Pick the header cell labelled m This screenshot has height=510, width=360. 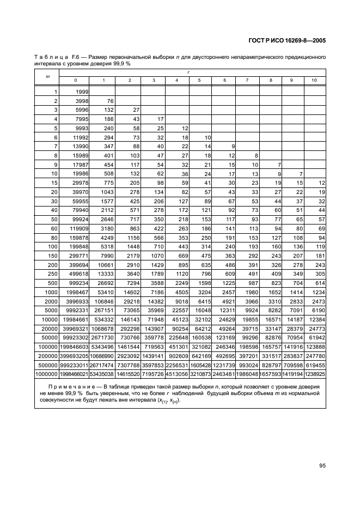click(x=47, y=76)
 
